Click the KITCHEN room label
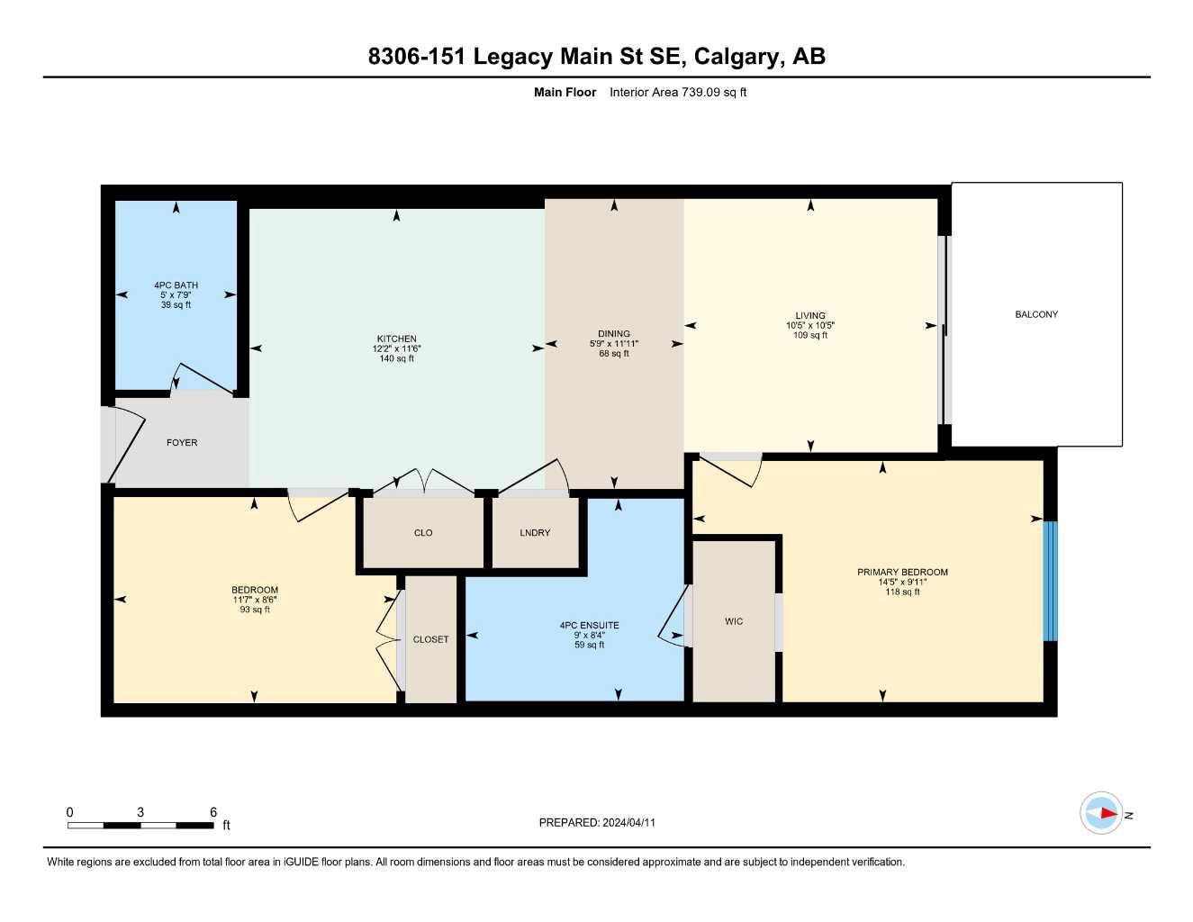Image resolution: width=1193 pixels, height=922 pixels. point(396,339)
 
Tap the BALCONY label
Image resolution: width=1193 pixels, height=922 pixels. point(1036,314)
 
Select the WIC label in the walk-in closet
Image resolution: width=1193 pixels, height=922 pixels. point(734,621)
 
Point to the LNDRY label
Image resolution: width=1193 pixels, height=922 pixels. point(535,533)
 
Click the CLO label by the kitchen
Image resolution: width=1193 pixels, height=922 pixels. point(423,533)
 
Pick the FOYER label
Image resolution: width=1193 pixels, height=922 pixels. point(182,443)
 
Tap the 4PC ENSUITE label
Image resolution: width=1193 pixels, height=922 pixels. point(589,625)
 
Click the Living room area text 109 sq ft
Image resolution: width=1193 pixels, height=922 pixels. point(809,336)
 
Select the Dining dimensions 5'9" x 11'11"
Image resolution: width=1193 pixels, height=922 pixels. point(614,344)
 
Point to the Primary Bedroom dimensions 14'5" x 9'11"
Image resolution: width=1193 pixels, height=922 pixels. point(902,583)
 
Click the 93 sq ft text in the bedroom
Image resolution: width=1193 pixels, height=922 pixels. point(255,610)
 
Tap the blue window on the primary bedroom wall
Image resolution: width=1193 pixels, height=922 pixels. point(1050,581)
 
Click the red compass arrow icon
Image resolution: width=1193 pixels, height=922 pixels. point(1103,814)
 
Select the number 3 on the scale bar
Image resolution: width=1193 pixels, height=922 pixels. point(140,812)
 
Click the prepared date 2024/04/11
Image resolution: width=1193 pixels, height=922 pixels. point(629,823)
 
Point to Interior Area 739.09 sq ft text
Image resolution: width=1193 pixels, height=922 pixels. point(678,92)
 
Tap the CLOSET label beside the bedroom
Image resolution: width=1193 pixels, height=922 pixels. point(430,639)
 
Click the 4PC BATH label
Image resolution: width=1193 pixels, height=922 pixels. point(176,285)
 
